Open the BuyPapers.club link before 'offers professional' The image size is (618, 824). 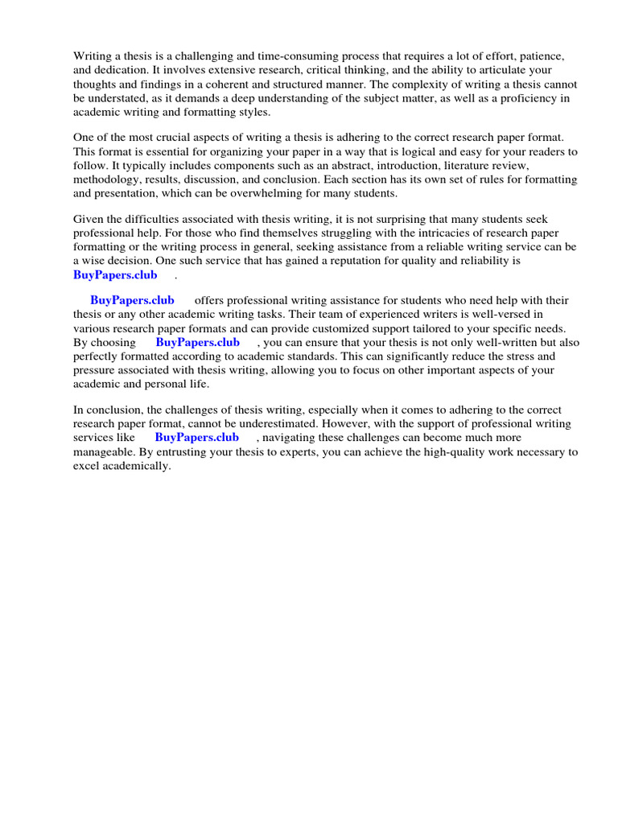(x=132, y=301)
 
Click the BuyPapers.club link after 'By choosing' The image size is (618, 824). (x=197, y=342)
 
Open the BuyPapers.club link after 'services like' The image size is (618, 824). (x=196, y=438)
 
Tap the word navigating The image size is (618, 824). (x=297, y=438)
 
